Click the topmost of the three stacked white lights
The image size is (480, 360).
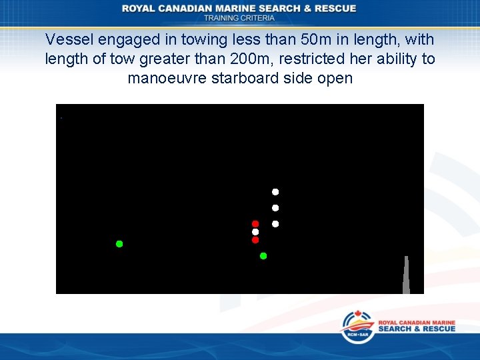tap(275, 192)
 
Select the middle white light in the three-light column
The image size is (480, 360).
tap(275, 208)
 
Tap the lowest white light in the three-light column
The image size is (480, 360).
tap(275, 224)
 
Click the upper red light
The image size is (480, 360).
tap(255, 224)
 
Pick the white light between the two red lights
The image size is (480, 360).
tap(255, 232)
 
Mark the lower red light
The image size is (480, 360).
tap(255, 240)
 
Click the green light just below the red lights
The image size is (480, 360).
tap(263, 256)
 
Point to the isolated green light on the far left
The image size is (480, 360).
tap(119, 244)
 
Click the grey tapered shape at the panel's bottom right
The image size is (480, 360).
tap(406, 277)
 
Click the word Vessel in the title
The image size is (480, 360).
tap(67, 40)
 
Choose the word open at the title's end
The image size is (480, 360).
tap(335, 78)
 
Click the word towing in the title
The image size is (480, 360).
tap(193, 40)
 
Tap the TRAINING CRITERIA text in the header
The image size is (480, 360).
tap(239, 18)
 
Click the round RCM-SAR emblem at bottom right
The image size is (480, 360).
tap(358, 327)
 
